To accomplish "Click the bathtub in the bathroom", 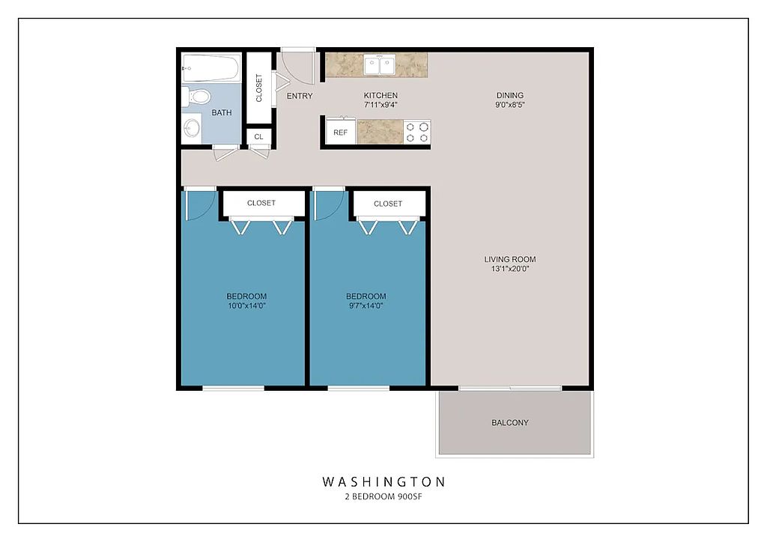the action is pos(211,67).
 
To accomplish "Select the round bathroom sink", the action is pos(191,129).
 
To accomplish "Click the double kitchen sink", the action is pos(380,65).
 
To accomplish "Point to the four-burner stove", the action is pos(417,132).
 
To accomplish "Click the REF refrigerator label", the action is pos(341,133).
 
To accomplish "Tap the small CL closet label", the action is pos(258,137).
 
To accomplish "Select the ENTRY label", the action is pos(300,97).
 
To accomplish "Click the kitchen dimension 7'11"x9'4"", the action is pos(381,105).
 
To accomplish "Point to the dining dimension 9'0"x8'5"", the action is pos(509,105).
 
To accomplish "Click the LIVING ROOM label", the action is pos(509,260).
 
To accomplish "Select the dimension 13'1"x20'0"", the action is pos(509,269).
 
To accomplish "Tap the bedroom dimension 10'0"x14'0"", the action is pos(246,306).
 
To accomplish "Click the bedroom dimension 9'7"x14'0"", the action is pos(366,306).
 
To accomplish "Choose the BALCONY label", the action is pos(509,423).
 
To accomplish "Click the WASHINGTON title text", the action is pos(383,482).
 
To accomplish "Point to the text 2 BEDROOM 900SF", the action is pos(383,497).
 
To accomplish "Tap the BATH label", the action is pos(222,113).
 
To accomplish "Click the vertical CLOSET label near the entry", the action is pos(258,88).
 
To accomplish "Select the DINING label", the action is pos(509,96).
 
